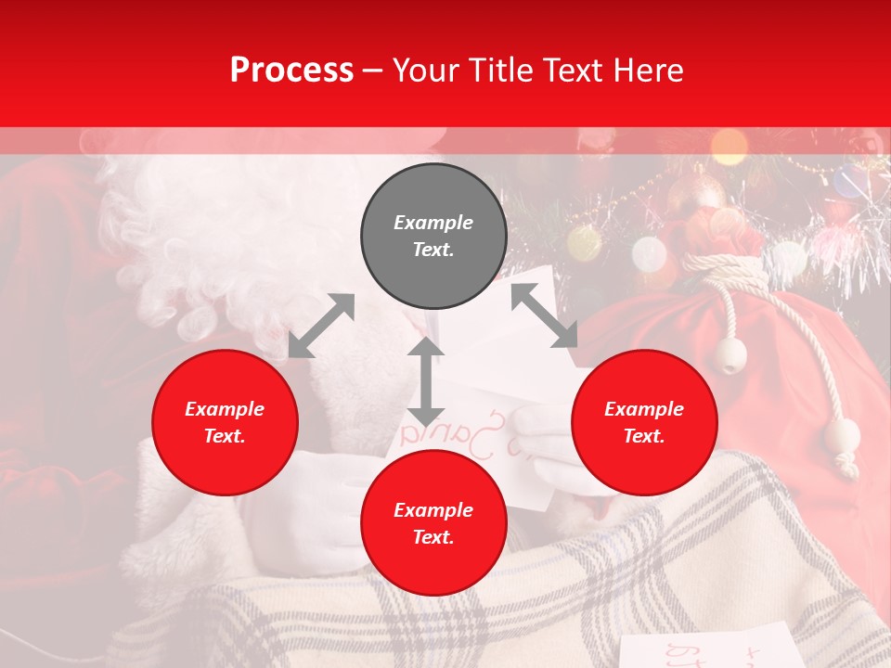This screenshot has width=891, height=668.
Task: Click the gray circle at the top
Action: [x=433, y=237]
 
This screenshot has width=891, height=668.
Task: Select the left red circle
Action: [x=225, y=422]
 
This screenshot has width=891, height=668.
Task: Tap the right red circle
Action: [x=644, y=422]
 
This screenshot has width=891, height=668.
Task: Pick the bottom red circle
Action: [x=433, y=523]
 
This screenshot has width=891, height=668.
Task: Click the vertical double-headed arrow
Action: [x=426, y=381]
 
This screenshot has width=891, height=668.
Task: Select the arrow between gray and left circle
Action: [x=321, y=326]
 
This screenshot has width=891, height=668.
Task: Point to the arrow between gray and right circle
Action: [x=544, y=315]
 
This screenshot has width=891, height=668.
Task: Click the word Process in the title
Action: [x=291, y=70]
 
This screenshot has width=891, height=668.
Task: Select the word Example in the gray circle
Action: [x=433, y=223]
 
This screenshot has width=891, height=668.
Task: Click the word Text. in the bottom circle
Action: [x=433, y=537]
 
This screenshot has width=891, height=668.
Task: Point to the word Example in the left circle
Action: [x=225, y=409]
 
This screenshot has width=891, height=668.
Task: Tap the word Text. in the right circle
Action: [x=644, y=436]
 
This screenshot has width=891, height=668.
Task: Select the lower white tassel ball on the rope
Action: [x=843, y=436]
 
